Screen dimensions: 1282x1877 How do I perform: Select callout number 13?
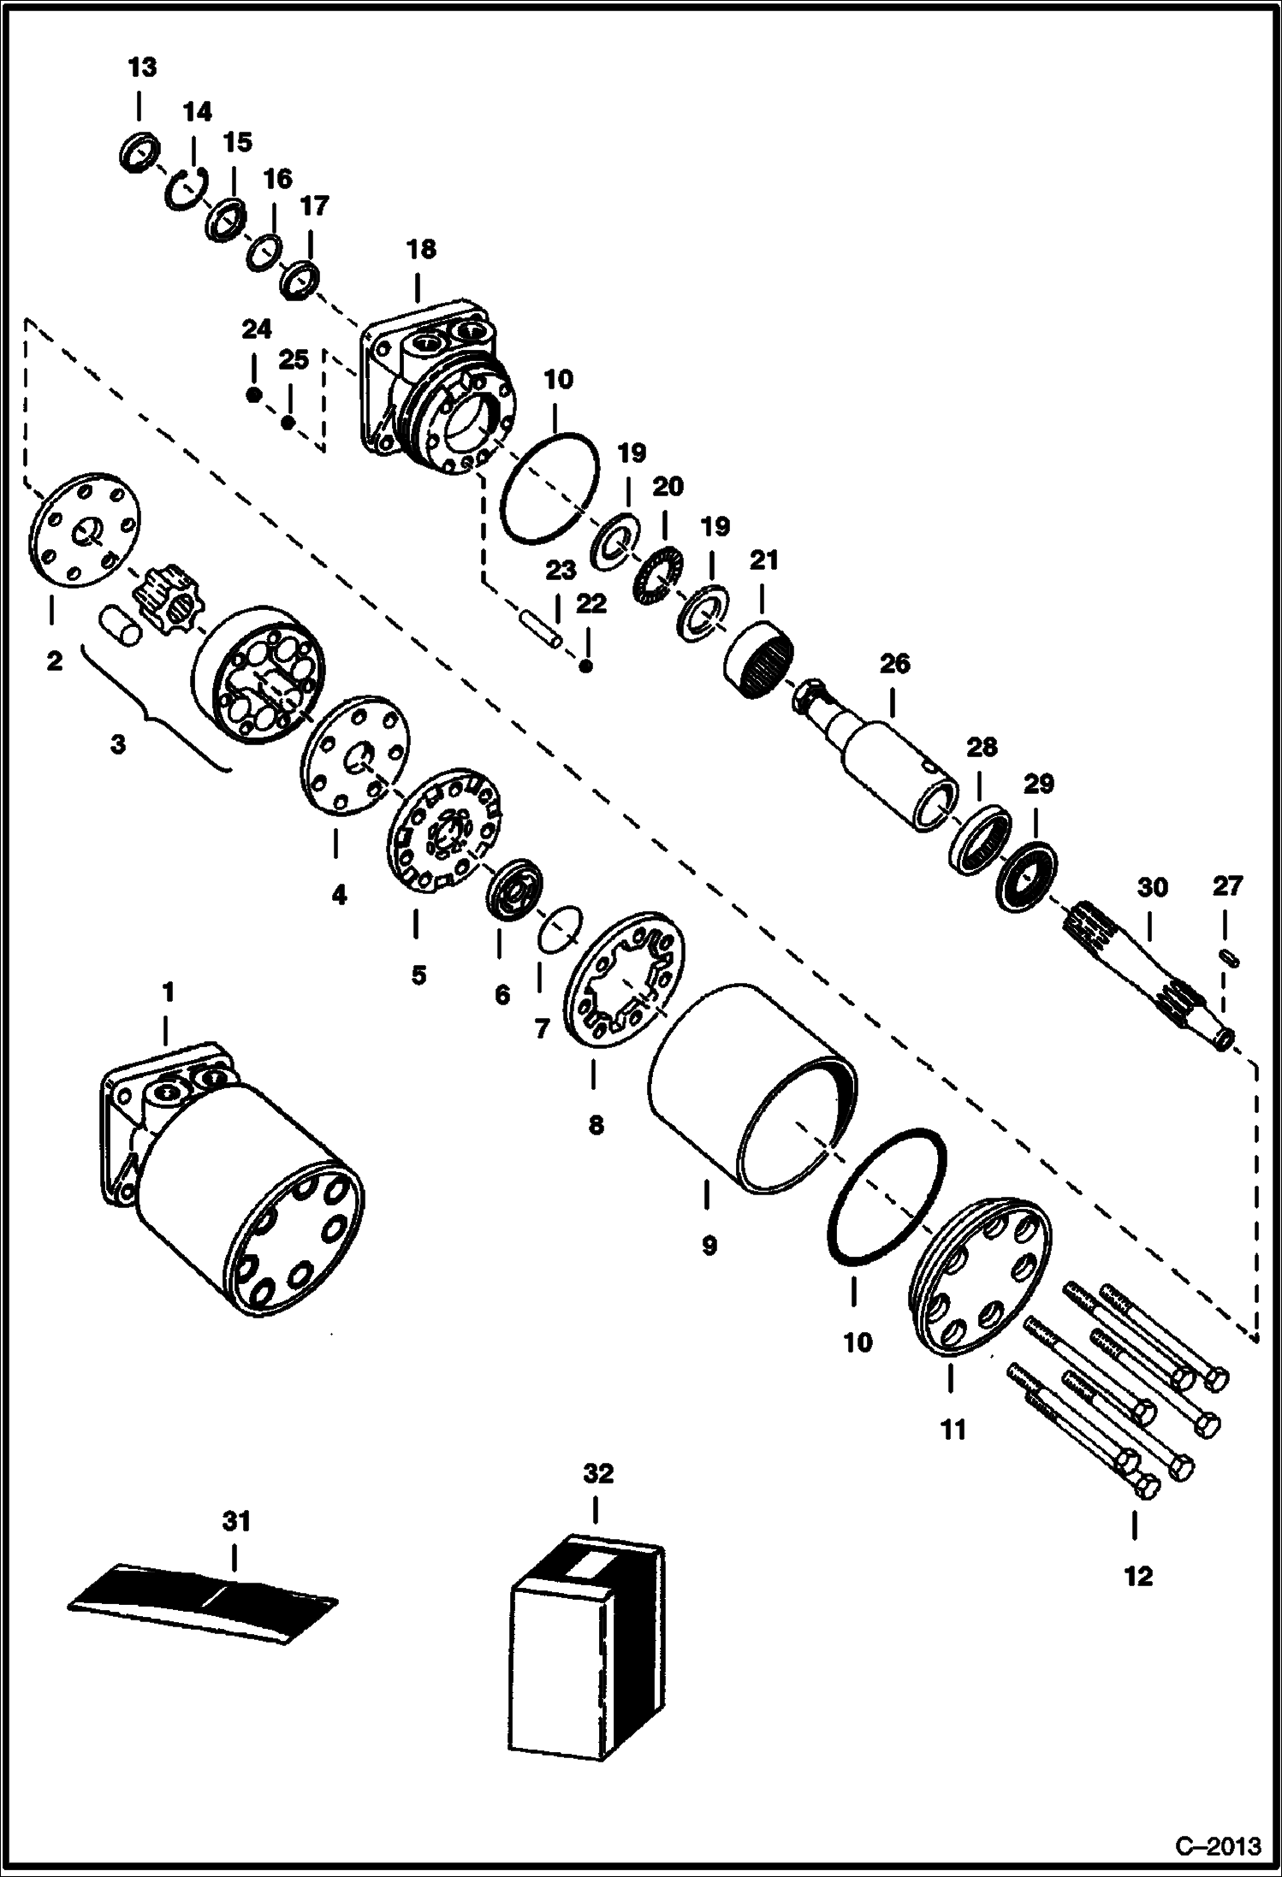pos(142,67)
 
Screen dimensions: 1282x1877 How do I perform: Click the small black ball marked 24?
pos(253,394)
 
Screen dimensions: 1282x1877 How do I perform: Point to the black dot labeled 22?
pos(585,666)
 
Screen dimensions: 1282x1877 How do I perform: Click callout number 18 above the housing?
pos(421,250)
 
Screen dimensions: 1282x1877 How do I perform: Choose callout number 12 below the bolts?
pos(1138,1575)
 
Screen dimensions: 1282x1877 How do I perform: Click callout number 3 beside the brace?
pos(118,744)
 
